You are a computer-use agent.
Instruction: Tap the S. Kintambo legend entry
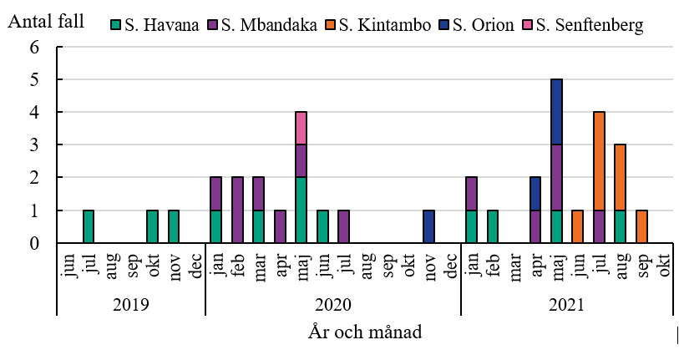pyautogui.click(x=383, y=25)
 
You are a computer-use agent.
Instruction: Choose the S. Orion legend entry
pyautogui.click(x=484, y=25)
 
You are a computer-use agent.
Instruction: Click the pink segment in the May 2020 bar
pyautogui.click(x=301, y=128)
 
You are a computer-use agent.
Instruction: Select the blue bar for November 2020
pyautogui.click(x=429, y=226)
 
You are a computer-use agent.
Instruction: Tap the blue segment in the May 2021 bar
pyautogui.click(x=557, y=112)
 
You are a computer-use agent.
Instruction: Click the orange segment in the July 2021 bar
pyautogui.click(x=600, y=161)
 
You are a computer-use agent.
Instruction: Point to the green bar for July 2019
pyautogui.click(x=89, y=226)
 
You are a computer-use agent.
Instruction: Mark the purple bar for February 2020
pyautogui.click(x=237, y=210)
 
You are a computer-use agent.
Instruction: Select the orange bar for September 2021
pyautogui.click(x=642, y=226)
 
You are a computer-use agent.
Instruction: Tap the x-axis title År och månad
pyautogui.click(x=366, y=332)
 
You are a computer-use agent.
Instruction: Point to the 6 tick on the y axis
pyautogui.click(x=34, y=48)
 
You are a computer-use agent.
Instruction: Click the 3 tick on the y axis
pyautogui.click(x=34, y=145)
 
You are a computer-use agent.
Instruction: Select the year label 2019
pyautogui.click(x=130, y=304)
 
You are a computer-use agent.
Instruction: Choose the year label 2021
pyautogui.click(x=567, y=304)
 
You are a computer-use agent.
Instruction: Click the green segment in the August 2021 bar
pyautogui.click(x=621, y=226)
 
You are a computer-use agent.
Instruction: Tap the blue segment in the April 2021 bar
pyautogui.click(x=535, y=194)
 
